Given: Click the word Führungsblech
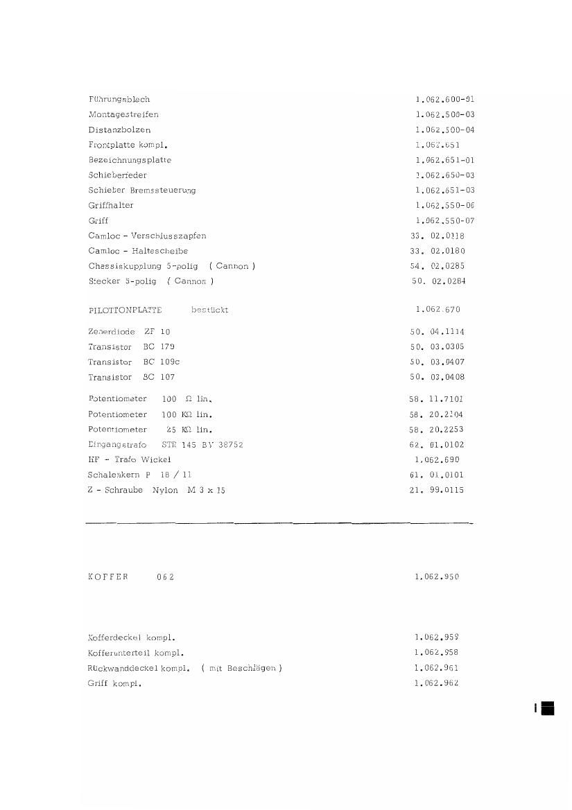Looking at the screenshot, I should pos(119,100).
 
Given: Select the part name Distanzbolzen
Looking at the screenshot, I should pos(119,130).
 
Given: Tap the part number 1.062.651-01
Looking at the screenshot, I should pos(444,160).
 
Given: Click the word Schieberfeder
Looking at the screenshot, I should pos(117,176).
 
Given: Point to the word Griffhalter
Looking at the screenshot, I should pos(111,206).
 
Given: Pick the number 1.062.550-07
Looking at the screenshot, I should pos(444,221).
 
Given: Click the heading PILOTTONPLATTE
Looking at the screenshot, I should pos(125,310).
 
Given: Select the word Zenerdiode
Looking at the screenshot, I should pos(112,332).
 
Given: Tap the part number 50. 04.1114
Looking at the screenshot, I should pos(437,332).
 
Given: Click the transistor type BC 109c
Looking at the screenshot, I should pos(162,362).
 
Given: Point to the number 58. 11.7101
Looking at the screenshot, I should pos(437,399).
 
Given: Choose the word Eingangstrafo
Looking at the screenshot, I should pos(117,445).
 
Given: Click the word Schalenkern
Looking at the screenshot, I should pos(114,475).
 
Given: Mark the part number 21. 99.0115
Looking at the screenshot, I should pos(437,491).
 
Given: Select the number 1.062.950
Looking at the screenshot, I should pos(437,577).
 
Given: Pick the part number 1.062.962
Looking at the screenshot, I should pos(437,684).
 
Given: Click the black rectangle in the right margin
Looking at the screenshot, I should pos(547,707).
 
